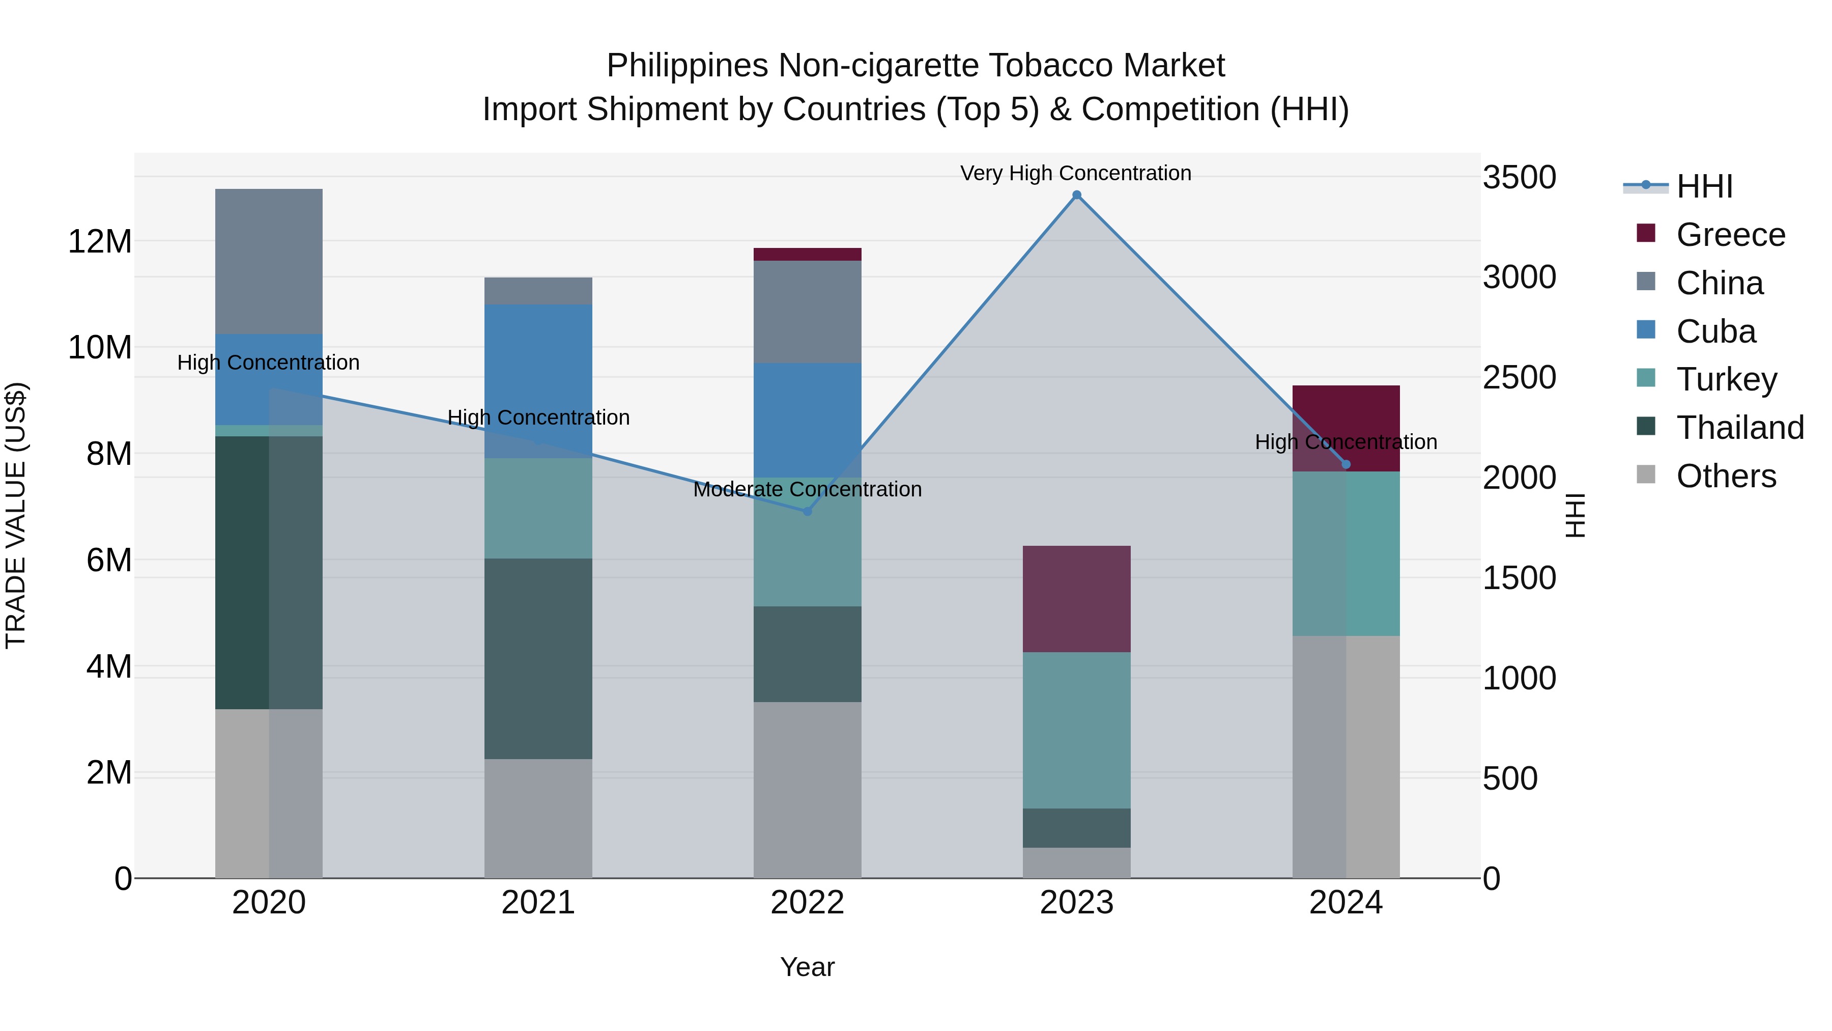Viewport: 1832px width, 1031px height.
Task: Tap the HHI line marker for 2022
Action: (807, 512)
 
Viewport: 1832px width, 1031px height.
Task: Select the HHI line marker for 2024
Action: (1346, 465)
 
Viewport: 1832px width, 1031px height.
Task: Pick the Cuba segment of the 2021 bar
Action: (538, 381)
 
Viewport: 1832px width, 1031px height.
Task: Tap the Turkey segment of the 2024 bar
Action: (1346, 553)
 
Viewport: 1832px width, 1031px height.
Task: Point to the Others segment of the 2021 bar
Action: (538, 818)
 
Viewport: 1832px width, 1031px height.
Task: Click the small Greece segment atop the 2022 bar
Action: (807, 254)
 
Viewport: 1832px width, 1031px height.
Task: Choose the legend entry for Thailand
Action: (1739, 428)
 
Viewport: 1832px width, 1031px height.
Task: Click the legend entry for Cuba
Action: (1715, 331)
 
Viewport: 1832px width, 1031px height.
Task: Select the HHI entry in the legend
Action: (1704, 186)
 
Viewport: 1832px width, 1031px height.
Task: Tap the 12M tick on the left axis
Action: (100, 242)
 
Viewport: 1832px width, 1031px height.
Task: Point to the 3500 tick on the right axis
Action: (1519, 177)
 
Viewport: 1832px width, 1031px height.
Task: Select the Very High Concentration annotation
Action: (1075, 173)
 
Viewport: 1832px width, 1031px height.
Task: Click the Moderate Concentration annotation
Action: (807, 489)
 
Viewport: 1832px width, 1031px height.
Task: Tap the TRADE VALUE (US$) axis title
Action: (16, 515)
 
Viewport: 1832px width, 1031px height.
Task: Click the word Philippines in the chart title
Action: (687, 66)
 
